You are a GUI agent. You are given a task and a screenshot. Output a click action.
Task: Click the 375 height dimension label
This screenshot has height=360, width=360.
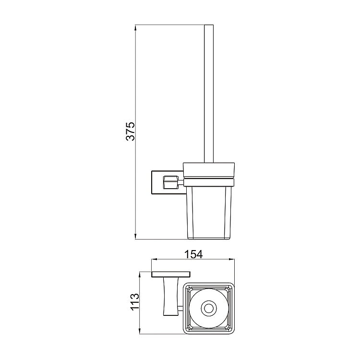pos(131,131)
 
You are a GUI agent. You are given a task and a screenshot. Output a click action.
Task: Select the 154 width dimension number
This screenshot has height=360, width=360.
pos(192,254)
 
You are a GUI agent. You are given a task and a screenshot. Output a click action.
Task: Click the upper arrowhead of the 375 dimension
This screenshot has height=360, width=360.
pos(136,26)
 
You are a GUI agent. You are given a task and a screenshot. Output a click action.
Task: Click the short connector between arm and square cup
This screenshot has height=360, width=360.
pos(181,308)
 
